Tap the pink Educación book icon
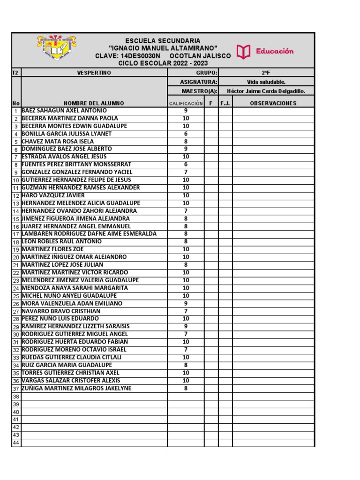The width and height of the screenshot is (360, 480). click(244, 52)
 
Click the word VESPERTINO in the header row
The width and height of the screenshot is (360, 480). click(94, 73)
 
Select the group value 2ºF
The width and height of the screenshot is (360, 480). click(266, 73)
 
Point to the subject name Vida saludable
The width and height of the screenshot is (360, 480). click(266, 82)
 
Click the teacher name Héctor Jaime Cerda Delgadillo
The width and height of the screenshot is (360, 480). click(266, 91)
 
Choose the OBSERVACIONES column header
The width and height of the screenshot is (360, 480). click(273, 103)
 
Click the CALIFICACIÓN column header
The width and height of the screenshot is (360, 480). click(186, 103)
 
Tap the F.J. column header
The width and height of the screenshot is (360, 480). click(225, 103)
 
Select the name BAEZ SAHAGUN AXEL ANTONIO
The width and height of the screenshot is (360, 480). click(64, 111)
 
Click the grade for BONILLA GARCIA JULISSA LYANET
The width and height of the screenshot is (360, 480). click(186, 134)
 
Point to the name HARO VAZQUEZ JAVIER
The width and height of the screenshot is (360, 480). click(53, 195)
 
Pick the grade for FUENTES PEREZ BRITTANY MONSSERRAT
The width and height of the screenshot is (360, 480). click(186, 165)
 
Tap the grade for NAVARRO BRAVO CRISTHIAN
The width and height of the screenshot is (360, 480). click(186, 311)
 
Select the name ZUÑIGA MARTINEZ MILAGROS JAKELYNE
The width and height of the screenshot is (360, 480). click(76, 389)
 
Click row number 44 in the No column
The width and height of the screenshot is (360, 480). click(16, 443)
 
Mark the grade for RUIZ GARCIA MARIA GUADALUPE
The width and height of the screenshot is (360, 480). click(186, 365)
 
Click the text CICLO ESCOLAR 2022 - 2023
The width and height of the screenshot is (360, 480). click(163, 63)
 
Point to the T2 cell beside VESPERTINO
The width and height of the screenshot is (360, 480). click(15, 73)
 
